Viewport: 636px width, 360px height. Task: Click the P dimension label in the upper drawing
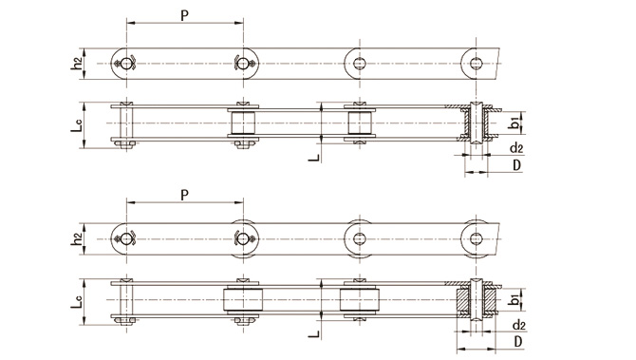184,15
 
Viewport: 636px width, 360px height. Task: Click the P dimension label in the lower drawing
184,196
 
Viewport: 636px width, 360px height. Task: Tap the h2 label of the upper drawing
76,63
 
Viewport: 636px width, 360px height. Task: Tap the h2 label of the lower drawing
76,238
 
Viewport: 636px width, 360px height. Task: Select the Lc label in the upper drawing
76,125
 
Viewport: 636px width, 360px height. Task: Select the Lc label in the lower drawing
76,301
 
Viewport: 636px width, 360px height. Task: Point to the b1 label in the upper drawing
514,123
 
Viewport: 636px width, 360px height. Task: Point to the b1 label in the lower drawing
514,299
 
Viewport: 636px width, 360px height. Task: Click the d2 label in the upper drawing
516,148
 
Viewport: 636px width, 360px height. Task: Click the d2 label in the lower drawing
519,325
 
